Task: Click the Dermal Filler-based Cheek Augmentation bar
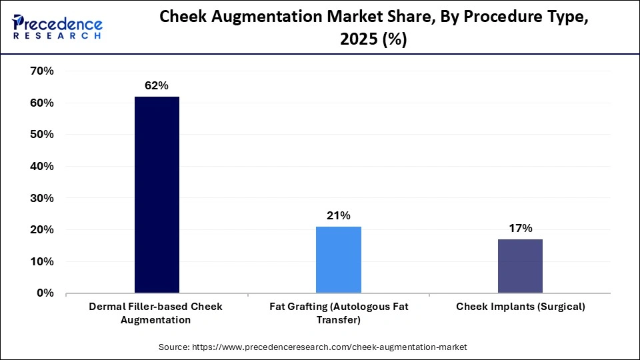(157, 195)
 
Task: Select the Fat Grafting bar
(339, 259)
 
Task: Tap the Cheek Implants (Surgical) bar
(520, 266)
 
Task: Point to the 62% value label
(157, 85)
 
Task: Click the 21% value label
(339, 215)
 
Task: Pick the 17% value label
(520, 228)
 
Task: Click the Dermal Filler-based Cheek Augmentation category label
(157, 313)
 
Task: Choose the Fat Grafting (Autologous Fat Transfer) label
(339, 313)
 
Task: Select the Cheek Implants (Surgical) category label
(520, 307)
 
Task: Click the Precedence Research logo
(57, 27)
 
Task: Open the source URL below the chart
(329, 347)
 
